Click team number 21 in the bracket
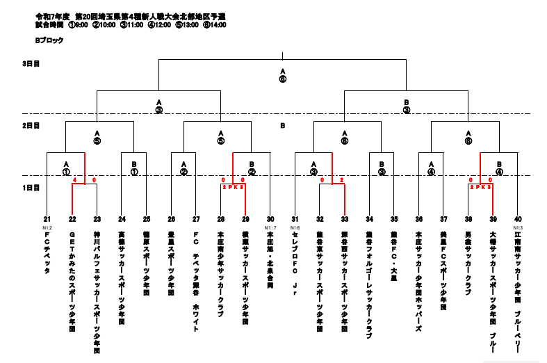[x=47, y=219]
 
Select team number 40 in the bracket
[x=518, y=219]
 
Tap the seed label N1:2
[x=47, y=227]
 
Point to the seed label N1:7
[x=271, y=227]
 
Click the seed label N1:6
[x=295, y=227]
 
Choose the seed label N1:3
[x=518, y=227]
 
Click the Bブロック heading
[x=49, y=40]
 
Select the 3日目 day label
[x=31, y=63]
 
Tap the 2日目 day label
[x=31, y=126]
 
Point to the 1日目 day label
[x=31, y=188]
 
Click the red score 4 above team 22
[x=74, y=180]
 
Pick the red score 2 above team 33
[x=341, y=180]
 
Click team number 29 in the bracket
[x=245, y=219]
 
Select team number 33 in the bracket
[x=345, y=219]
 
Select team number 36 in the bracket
[x=419, y=219]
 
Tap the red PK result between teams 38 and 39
[x=480, y=187]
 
